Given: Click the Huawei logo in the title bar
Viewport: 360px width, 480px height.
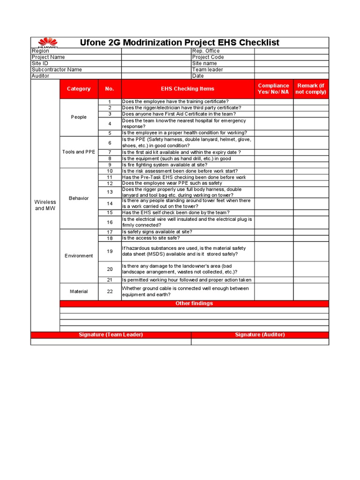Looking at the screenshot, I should point(46,43).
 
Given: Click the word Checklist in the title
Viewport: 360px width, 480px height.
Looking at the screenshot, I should point(259,43).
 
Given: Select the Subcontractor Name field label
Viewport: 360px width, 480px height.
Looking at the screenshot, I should point(57,69).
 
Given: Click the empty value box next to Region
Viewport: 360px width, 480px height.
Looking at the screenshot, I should point(156,51).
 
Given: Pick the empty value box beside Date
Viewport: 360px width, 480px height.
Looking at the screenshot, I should point(292,76).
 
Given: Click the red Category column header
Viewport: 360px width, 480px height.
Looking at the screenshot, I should point(79,89).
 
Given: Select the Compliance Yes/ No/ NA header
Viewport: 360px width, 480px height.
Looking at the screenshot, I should point(273,89).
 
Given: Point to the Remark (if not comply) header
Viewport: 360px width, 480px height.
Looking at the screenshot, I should point(311,89).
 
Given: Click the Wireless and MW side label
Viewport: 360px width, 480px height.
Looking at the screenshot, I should point(45,205).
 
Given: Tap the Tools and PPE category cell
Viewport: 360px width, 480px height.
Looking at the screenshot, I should point(79,152).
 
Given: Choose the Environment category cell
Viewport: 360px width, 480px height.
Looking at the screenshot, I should point(79,255).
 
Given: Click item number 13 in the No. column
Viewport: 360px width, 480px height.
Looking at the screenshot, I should point(110,192).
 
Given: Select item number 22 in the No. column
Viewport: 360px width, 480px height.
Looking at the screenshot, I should point(110,292).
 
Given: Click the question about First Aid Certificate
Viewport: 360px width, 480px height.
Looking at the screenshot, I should point(179,114).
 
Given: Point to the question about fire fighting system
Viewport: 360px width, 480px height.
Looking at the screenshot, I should point(164,165).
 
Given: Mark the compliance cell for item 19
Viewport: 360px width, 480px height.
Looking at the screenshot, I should point(274,251).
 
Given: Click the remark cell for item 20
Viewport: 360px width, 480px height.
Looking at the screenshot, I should point(311,269).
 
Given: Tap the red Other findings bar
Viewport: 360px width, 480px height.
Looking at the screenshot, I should point(194,303).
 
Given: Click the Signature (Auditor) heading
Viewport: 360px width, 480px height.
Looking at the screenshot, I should point(260,335).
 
